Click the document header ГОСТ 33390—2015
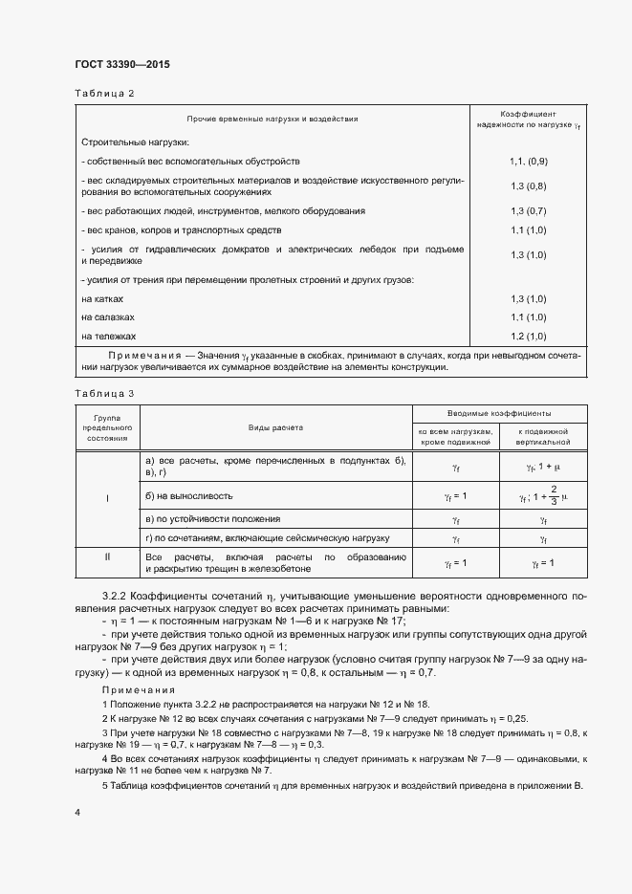click(121, 65)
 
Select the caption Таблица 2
click(104, 93)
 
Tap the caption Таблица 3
click(104, 393)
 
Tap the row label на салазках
click(108, 317)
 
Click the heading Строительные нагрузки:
click(122, 142)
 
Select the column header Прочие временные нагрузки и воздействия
click(272, 120)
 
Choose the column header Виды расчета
click(276, 429)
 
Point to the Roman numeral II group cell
click(107, 555)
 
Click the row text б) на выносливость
click(188, 496)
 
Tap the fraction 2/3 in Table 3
click(553, 496)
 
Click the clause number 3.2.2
click(115, 593)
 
